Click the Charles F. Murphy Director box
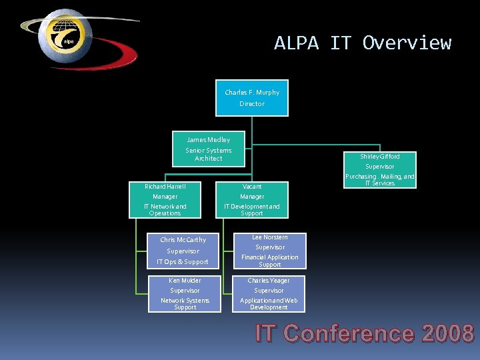(x=252, y=98)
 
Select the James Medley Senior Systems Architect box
(x=208, y=149)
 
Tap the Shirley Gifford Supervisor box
(x=380, y=170)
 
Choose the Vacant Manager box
(x=252, y=199)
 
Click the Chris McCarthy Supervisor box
(x=183, y=250)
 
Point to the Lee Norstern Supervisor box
(x=269, y=250)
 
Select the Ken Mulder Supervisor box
(x=185, y=293)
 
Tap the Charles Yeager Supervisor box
(x=269, y=293)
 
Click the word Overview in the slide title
(x=407, y=43)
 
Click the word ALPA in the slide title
(x=297, y=43)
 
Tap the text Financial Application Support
(x=269, y=261)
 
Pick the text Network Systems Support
(x=185, y=304)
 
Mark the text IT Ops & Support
(x=183, y=262)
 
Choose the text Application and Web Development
(x=269, y=304)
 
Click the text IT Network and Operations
(x=165, y=210)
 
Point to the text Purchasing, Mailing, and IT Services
(x=380, y=180)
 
